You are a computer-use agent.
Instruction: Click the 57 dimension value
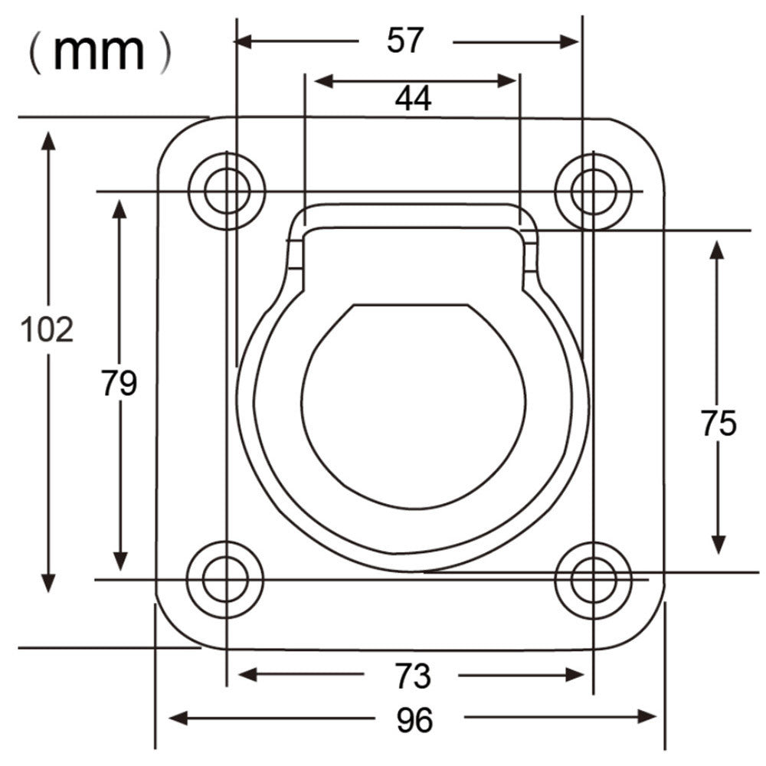click(405, 41)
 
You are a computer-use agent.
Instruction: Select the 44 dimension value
click(414, 98)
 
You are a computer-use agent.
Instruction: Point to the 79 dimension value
click(119, 383)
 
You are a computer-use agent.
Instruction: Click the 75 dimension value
click(719, 424)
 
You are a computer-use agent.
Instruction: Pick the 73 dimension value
click(413, 676)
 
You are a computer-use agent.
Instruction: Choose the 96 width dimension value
click(414, 719)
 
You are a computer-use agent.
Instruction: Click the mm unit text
click(100, 52)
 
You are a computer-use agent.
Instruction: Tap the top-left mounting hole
click(227, 191)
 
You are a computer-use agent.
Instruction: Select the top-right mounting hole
click(593, 191)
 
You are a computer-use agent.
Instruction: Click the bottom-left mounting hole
click(226, 580)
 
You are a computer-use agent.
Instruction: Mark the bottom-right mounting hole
click(593, 580)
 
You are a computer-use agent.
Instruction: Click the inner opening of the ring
click(414, 406)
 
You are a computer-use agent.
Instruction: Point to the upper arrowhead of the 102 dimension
click(48, 142)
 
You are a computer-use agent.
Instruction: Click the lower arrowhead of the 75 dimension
click(718, 544)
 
